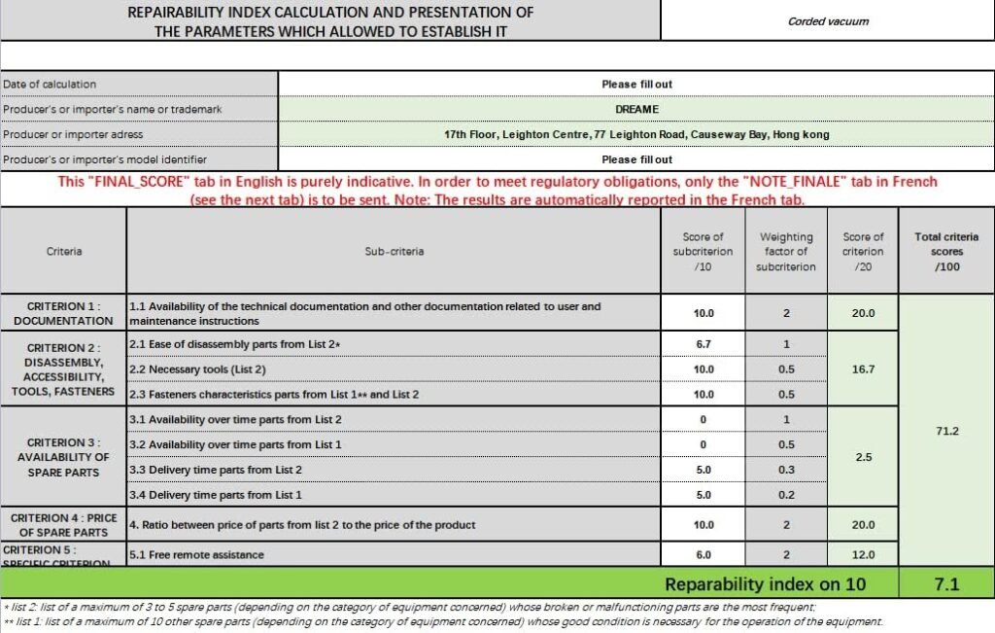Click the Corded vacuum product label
(x=828, y=21)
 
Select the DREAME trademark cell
(x=636, y=110)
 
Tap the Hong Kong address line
(x=636, y=135)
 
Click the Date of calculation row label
(x=50, y=85)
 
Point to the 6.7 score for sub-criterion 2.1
(x=703, y=344)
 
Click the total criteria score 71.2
(x=946, y=431)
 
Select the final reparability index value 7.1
(x=946, y=584)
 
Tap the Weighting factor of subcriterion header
(x=785, y=251)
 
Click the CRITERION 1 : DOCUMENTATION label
(x=63, y=313)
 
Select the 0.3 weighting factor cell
(x=785, y=470)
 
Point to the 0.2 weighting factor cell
(x=785, y=495)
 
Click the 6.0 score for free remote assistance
(x=703, y=555)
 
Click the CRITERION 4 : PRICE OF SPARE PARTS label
(x=63, y=525)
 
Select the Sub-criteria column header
(x=394, y=251)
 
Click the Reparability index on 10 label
(x=766, y=584)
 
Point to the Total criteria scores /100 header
(x=946, y=251)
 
